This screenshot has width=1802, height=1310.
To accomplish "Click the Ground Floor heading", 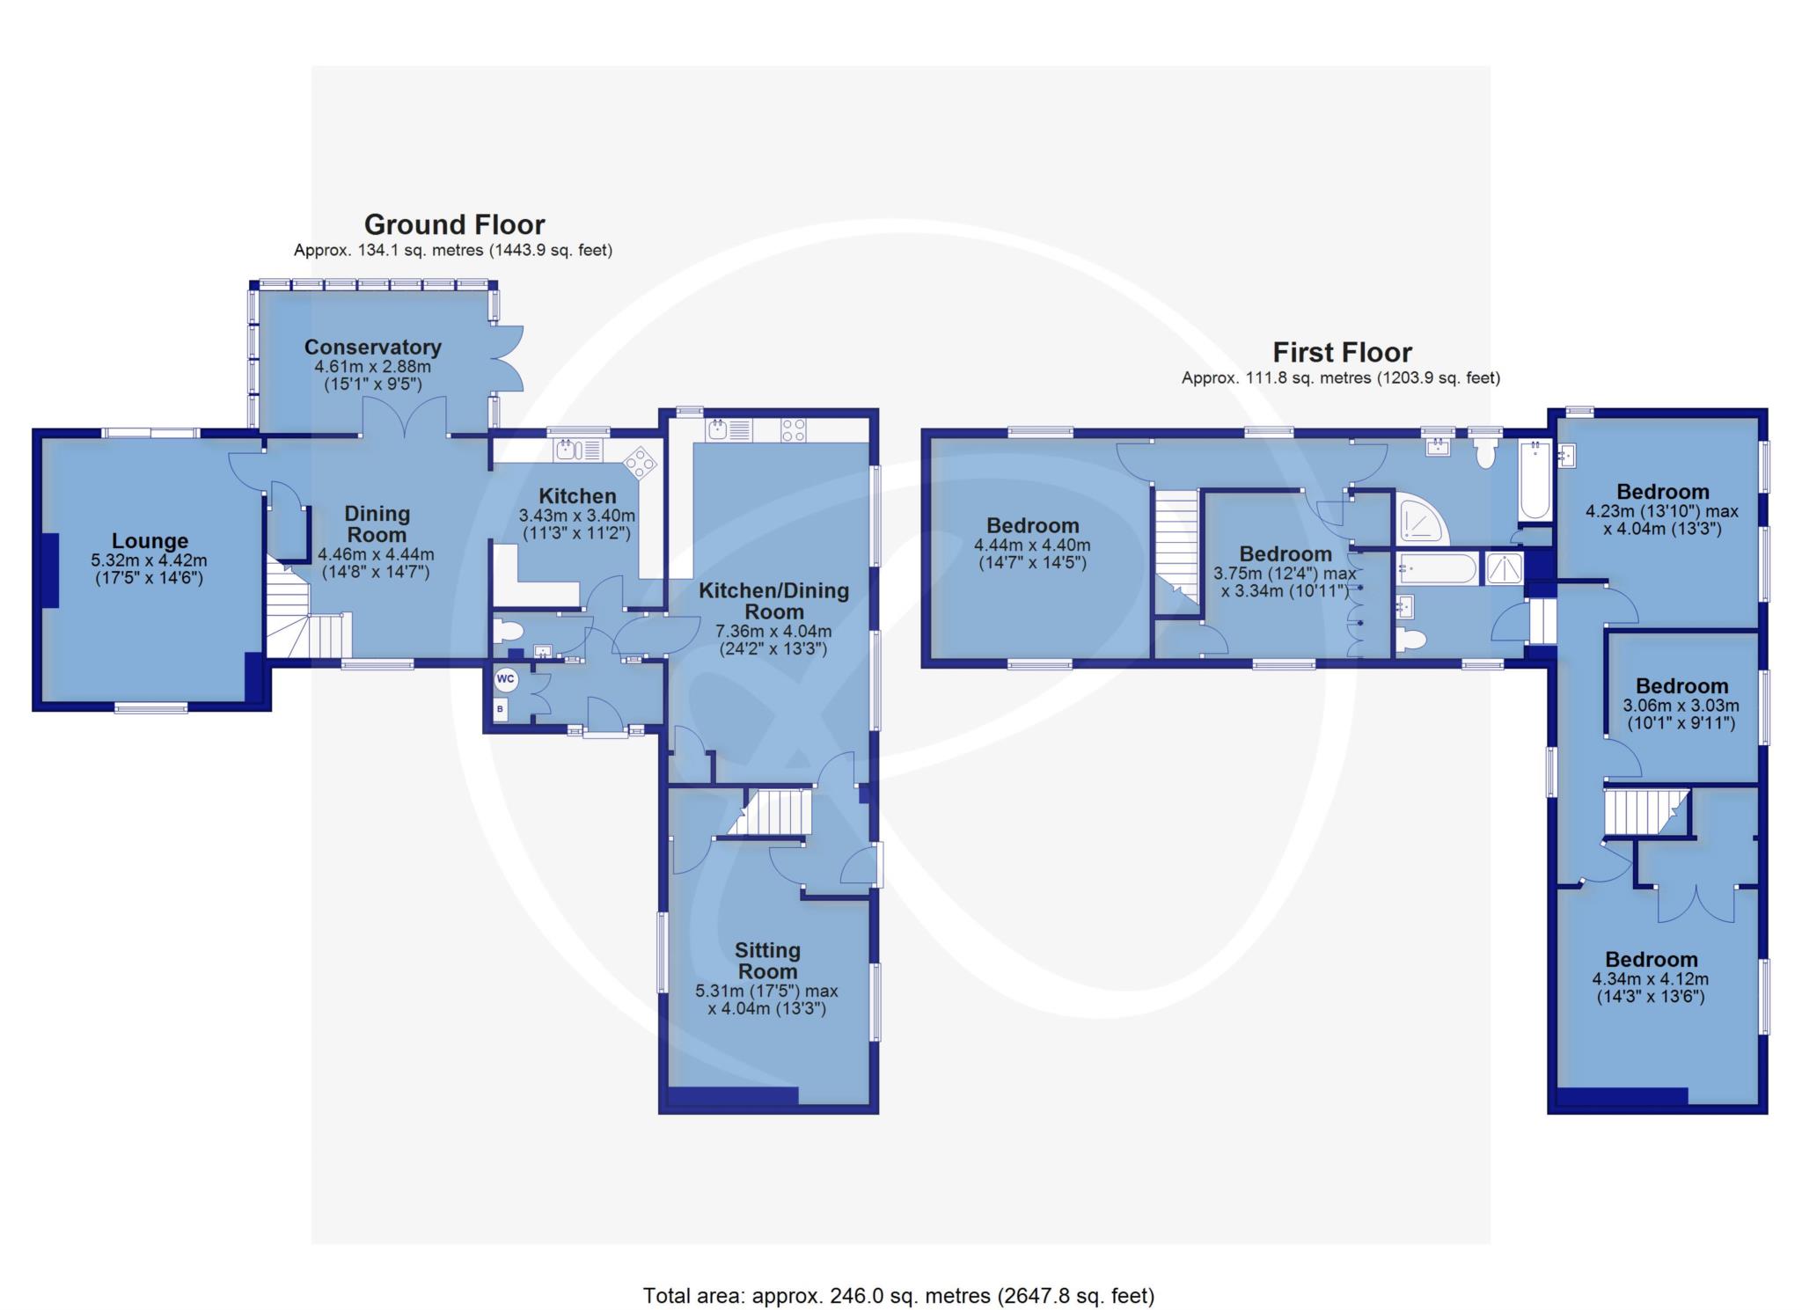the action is [454, 224].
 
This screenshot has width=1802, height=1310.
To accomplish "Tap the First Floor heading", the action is [1342, 352].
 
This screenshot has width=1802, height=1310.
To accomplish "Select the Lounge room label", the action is [150, 541].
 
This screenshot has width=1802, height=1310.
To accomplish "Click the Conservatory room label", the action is [373, 347].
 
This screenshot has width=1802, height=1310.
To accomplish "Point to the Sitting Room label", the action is [768, 961].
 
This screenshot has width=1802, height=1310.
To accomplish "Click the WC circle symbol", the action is [505, 678].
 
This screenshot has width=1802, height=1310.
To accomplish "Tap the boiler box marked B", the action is [501, 709].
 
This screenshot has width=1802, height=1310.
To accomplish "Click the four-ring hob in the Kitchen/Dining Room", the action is [793, 430].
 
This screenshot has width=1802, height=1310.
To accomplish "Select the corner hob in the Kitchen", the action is [640, 461].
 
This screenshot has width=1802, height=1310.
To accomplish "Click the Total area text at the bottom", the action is [898, 1295].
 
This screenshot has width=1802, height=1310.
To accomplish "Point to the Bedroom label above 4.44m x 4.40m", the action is [1033, 526].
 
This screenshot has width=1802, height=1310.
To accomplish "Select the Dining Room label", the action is [376, 523].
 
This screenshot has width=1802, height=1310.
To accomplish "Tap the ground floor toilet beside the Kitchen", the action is [508, 631].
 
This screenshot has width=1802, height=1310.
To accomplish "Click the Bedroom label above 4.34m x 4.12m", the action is [1651, 959].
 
